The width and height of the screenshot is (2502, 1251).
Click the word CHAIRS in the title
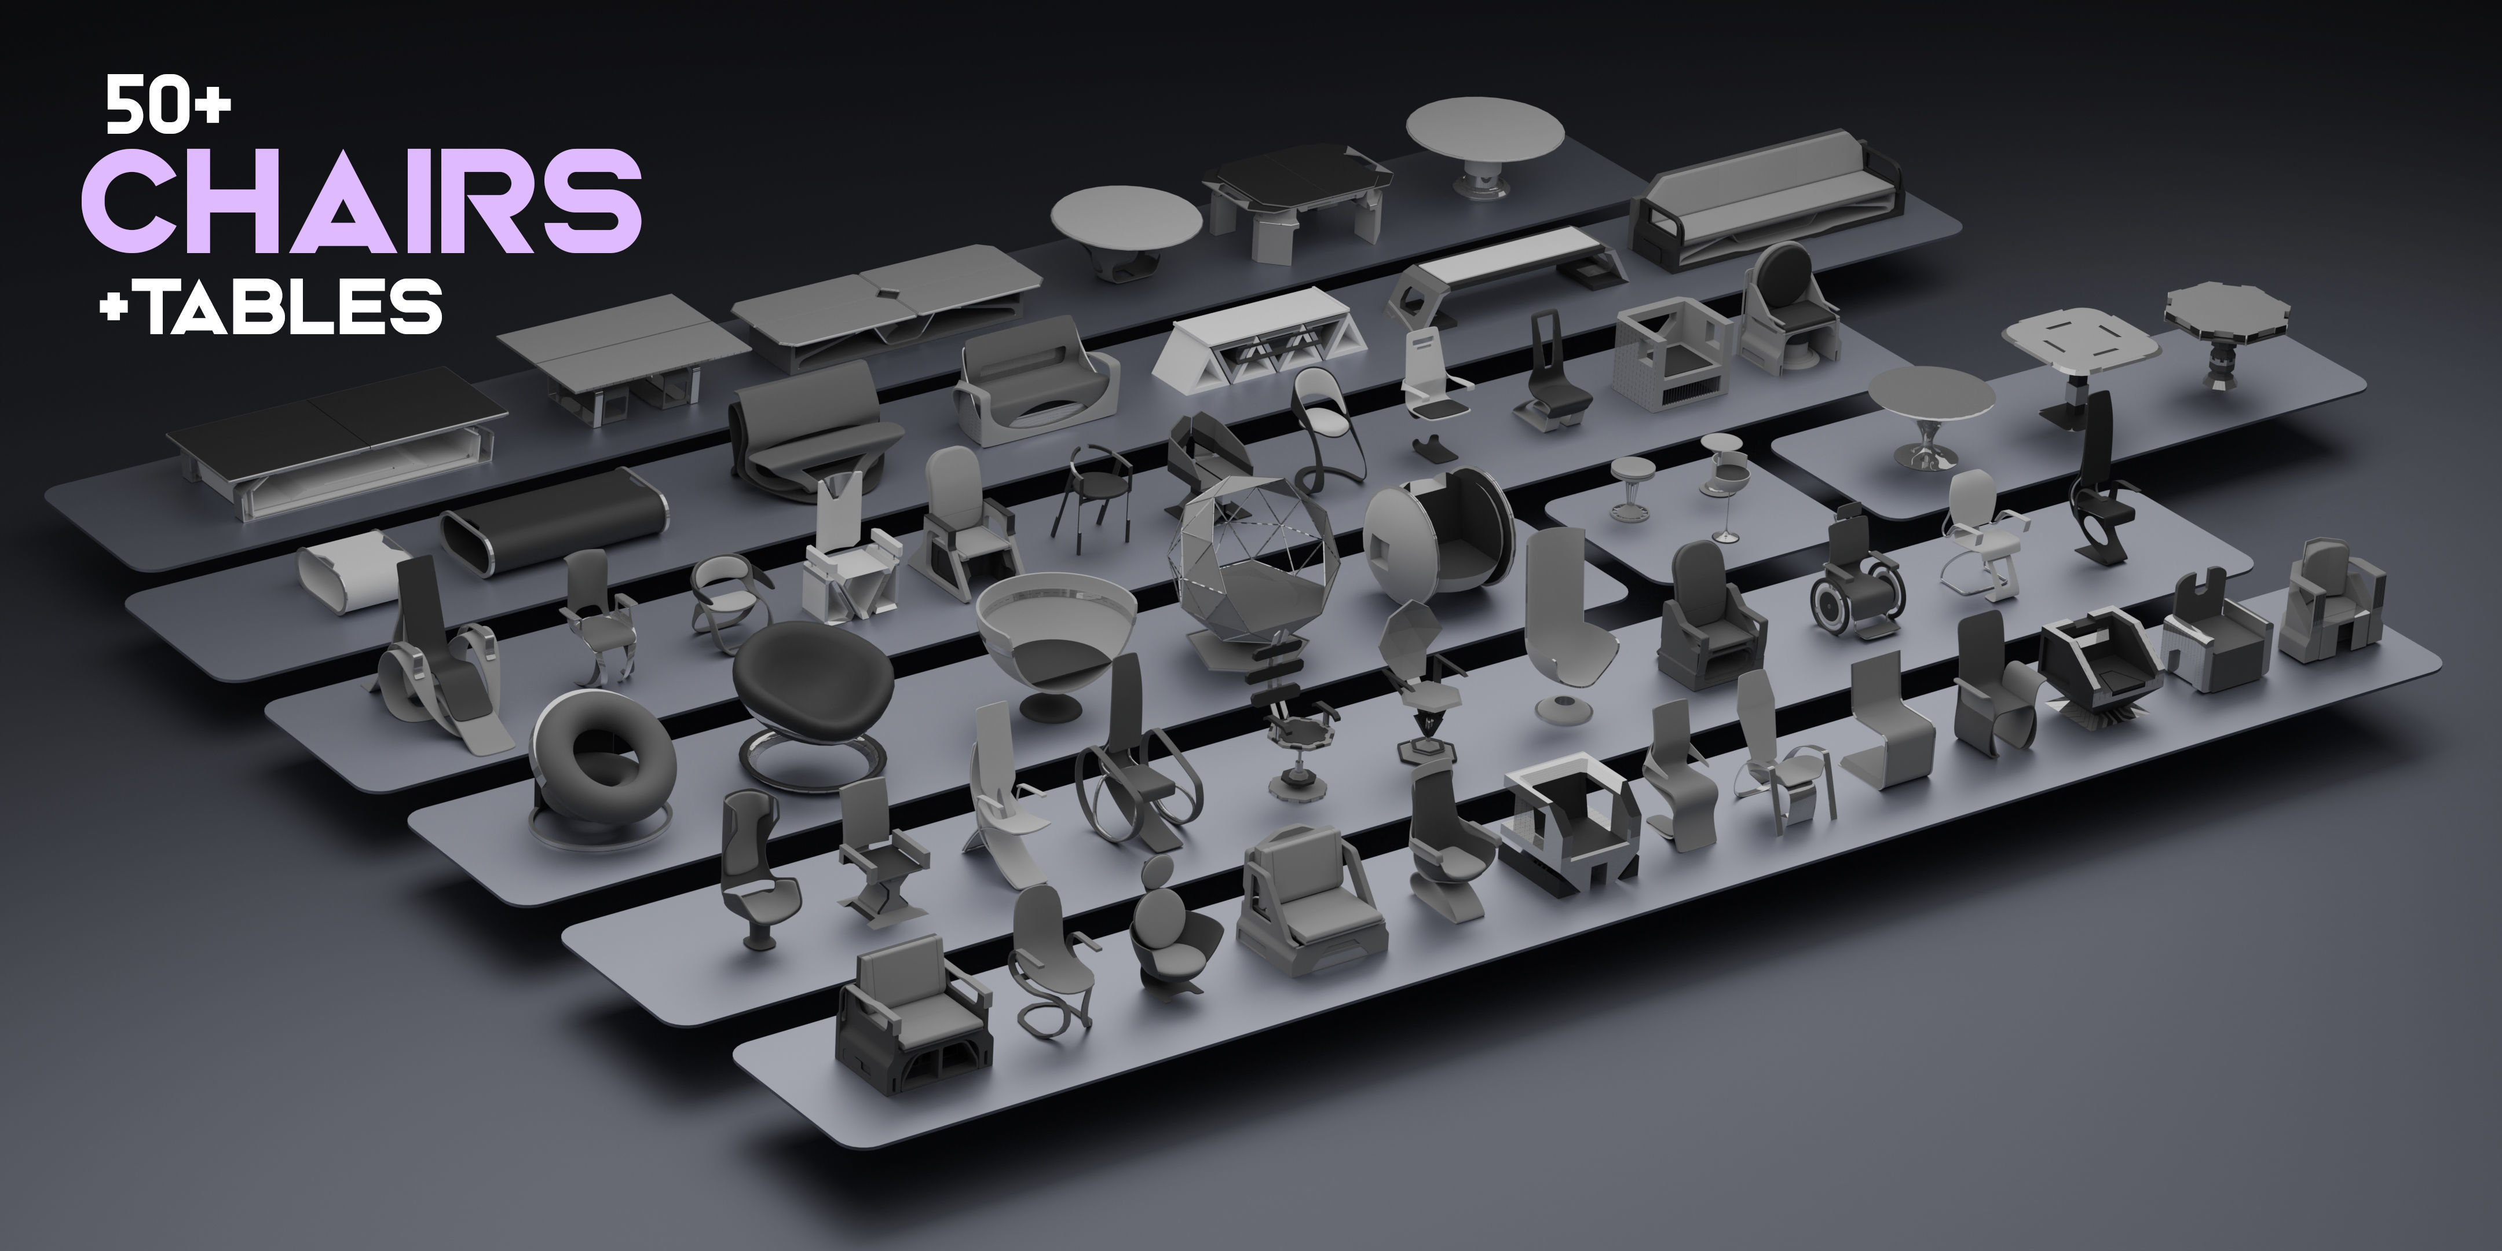361,201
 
